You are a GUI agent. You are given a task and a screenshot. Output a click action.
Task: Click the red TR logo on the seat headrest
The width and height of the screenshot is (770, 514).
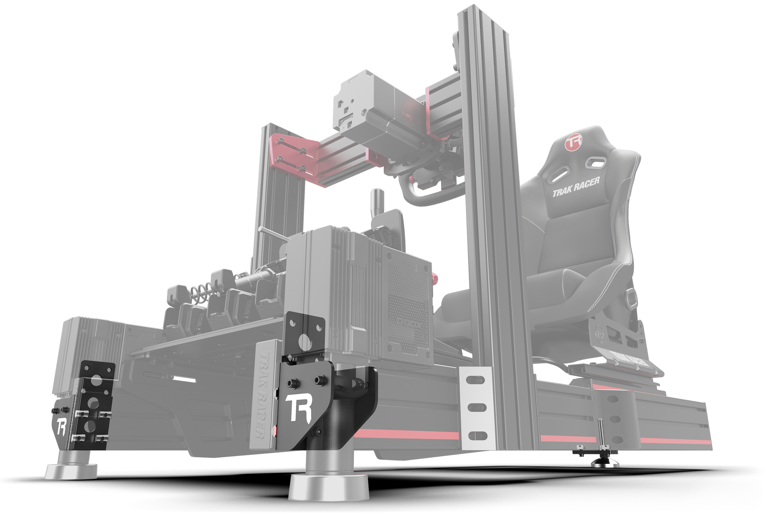point(573,142)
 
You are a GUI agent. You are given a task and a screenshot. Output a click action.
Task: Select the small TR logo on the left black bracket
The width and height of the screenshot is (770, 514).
point(62,427)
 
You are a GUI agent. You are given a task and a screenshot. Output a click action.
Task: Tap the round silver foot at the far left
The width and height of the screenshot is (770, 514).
point(71,471)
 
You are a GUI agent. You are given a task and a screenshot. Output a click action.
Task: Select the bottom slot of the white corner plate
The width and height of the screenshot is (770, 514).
point(477,436)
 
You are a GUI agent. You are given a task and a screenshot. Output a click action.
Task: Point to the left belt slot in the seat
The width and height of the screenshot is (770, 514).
point(559,173)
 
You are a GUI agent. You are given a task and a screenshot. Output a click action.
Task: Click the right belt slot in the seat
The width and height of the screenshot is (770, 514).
point(595,162)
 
